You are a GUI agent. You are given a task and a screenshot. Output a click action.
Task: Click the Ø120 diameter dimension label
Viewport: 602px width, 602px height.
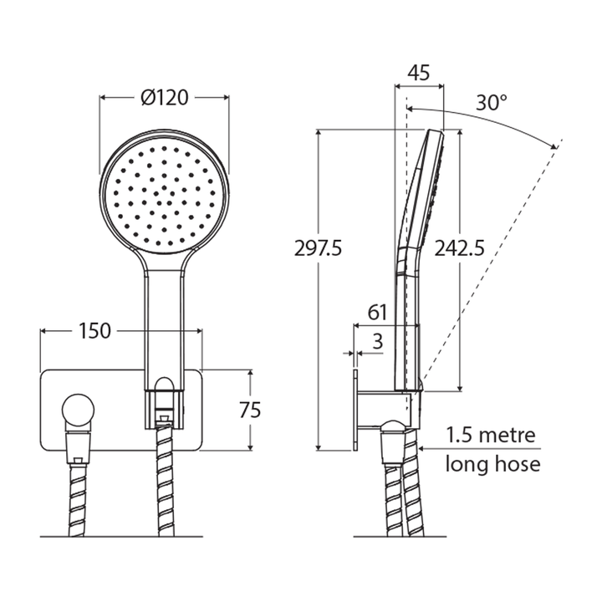click(164, 99)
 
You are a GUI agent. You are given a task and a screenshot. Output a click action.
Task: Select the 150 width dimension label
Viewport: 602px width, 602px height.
click(95, 331)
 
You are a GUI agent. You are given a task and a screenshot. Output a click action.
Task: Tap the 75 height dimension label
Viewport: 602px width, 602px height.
click(249, 410)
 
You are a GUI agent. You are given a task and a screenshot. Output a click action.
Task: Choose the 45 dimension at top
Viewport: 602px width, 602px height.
click(419, 73)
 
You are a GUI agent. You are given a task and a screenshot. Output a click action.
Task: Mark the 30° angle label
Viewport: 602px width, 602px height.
click(492, 103)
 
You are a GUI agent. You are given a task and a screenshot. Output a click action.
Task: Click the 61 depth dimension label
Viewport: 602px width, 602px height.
click(378, 314)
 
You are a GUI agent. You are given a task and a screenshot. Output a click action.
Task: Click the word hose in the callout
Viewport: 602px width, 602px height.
click(521, 463)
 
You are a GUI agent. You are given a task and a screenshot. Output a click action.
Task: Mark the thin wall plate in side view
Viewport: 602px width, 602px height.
click(356, 409)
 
